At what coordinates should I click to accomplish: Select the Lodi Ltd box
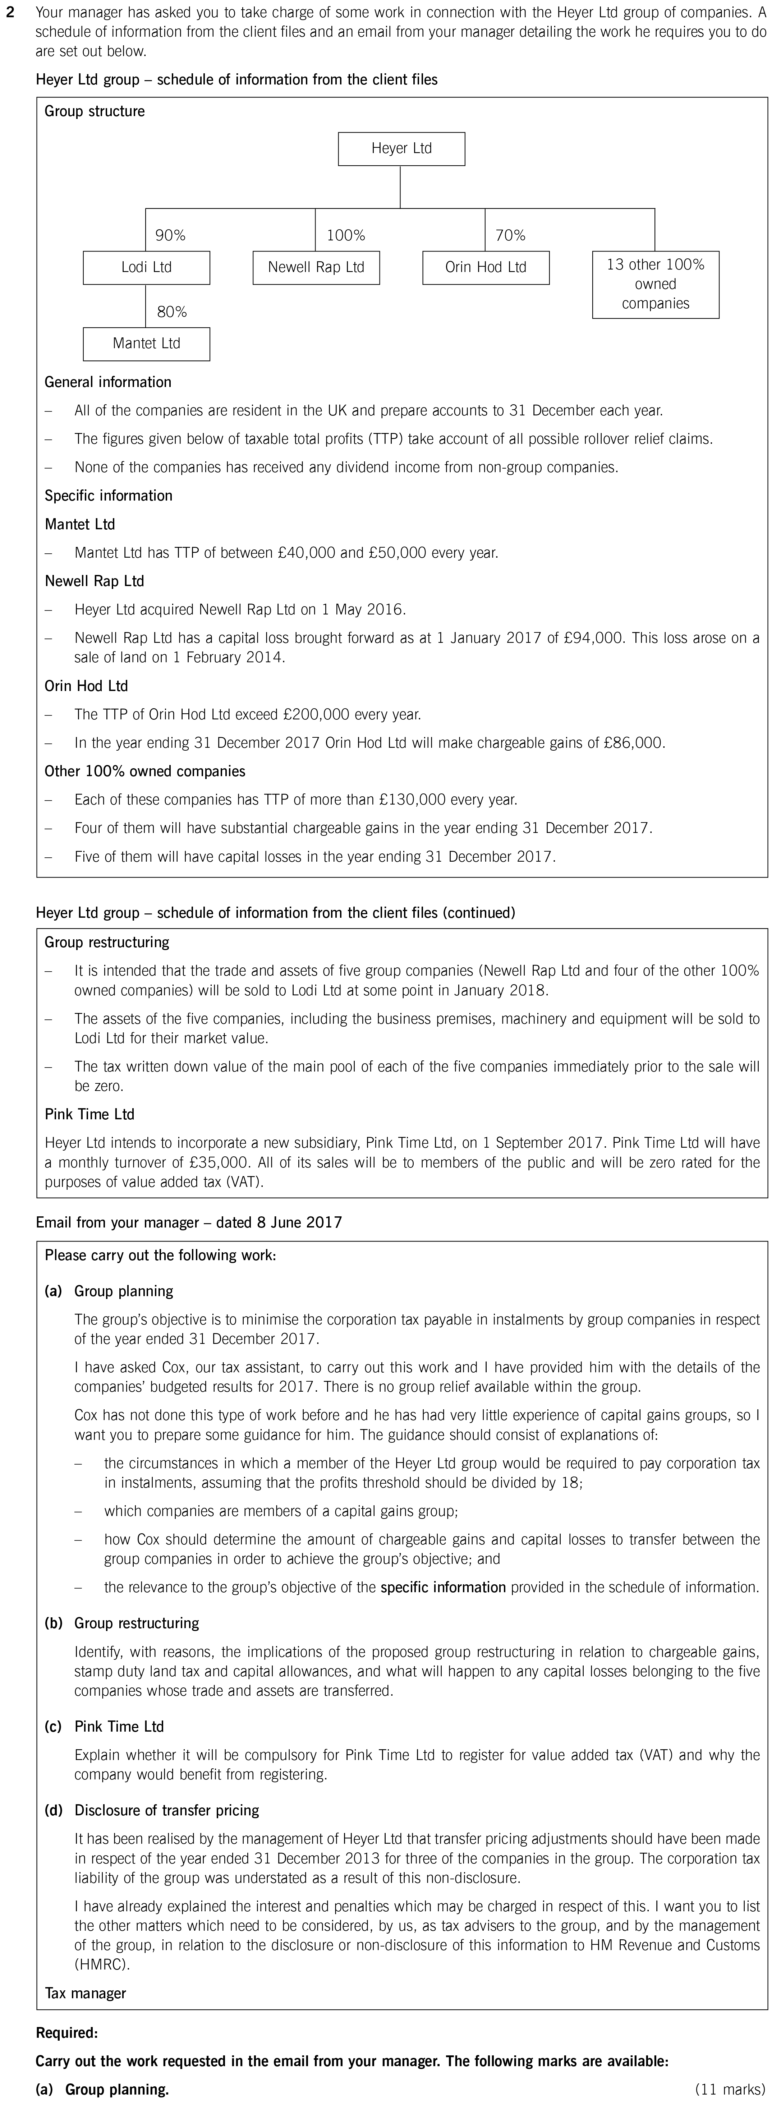coord(146,267)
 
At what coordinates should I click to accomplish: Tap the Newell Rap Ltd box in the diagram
coord(316,267)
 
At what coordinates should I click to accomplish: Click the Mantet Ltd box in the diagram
coord(146,343)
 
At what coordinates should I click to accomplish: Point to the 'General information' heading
coord(107,382)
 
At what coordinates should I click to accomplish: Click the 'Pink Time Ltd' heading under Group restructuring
coord(89,1114)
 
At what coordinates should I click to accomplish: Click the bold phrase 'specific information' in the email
coord(442,1586)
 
